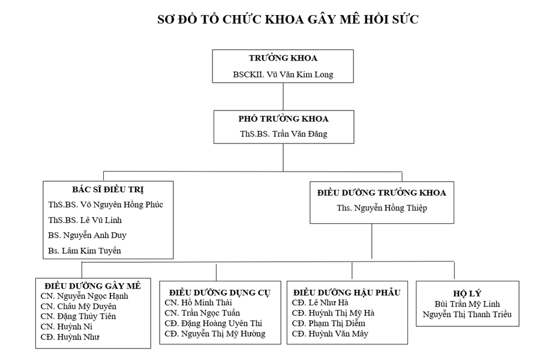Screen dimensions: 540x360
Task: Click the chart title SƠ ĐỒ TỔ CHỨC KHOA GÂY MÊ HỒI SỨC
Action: point(288,19)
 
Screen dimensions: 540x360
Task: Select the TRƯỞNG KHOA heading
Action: point(283,58)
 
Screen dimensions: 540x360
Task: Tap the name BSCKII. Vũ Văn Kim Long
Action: point(283,74)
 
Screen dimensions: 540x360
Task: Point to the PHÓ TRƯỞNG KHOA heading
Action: point(283,119)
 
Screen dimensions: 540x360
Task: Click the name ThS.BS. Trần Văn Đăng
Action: point(283,134)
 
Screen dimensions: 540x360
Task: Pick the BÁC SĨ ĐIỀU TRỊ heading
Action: point(108,190)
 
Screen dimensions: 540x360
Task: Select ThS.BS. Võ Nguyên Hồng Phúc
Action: point(106,205)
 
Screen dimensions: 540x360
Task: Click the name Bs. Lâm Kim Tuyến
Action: point(85,251)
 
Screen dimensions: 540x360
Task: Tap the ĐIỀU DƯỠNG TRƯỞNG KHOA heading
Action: point(382,193)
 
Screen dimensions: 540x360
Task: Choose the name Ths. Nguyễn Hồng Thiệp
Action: point(382,208)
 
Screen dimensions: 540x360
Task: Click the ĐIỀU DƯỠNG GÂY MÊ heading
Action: point(92,286)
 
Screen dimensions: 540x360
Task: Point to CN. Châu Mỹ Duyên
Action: point(79,306)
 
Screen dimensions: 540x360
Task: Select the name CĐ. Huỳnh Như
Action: point(70,337)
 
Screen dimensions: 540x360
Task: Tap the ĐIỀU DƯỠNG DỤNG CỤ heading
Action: point(220,293)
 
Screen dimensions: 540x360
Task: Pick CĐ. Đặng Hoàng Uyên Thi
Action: point(213,323)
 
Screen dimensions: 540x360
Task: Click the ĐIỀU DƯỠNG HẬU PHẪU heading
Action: point(347,292)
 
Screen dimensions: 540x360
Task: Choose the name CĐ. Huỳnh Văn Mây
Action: point(330,334)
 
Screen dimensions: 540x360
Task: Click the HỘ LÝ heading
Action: point(467,293)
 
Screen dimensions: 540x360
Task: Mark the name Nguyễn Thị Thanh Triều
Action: point(467,314)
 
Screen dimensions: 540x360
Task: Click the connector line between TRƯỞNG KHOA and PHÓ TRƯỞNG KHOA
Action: point(283,97)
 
